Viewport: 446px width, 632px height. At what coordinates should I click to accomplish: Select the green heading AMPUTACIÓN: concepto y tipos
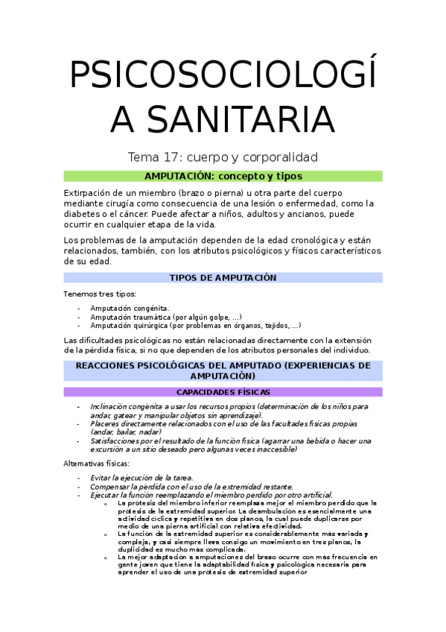coord(223,176)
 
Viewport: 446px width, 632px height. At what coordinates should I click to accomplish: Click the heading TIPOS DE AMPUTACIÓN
coord(223,277)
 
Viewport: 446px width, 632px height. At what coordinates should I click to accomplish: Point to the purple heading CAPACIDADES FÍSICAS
coord(223,392)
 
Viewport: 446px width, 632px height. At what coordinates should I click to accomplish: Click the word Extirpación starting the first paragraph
coord(90,192)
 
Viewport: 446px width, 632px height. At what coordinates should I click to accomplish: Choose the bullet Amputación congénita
coord(130,308)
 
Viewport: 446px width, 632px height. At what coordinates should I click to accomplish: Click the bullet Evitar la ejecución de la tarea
coord(141,478)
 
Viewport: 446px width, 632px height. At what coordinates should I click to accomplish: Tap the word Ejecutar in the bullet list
coord(105,495)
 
